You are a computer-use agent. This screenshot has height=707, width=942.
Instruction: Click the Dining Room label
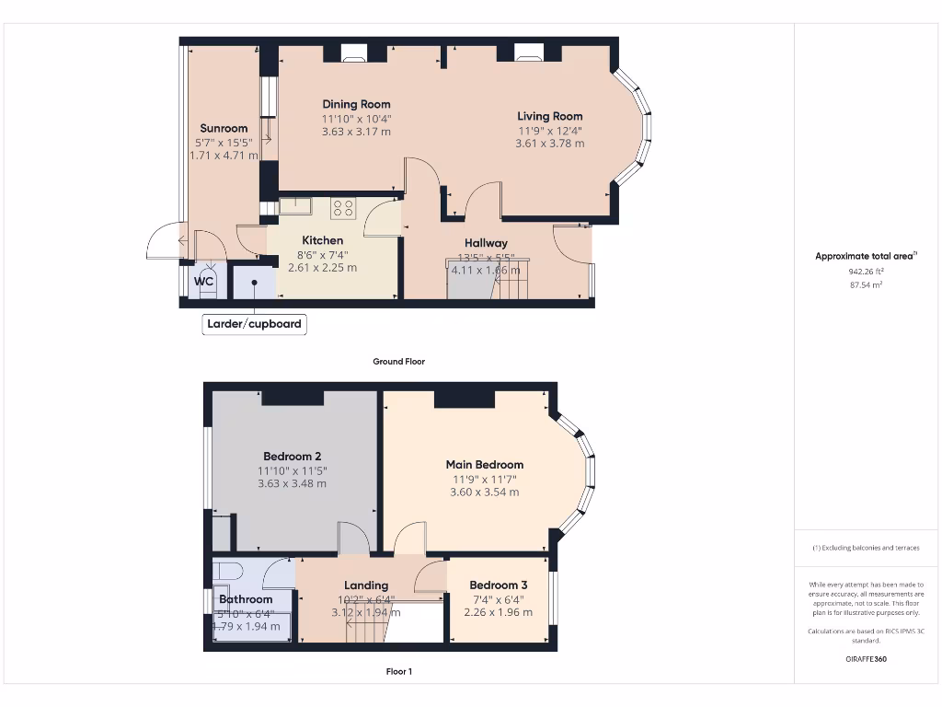(356, 104)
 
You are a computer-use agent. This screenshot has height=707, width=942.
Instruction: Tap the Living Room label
(549, 116)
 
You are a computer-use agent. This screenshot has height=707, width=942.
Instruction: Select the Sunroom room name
(224, 128)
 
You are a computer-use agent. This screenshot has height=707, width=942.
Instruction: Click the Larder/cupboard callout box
(254, 324)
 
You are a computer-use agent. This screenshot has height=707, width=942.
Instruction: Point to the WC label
(204, 281)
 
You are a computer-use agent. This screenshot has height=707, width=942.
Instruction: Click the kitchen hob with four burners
(343, 208)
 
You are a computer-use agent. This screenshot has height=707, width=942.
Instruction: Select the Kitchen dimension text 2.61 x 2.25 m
(322, 268)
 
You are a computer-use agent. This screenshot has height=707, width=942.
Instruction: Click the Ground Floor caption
(398, 362)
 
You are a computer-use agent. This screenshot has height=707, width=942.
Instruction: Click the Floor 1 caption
(398, 671)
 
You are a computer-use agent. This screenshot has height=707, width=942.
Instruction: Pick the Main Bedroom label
(485, 465)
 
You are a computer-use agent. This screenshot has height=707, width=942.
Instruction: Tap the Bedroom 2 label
(292, 457)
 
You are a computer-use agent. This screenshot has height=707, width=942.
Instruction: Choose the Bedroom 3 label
(498, 585)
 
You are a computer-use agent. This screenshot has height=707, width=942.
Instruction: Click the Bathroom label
(246, 599)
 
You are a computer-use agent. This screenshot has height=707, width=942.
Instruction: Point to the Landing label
(366, 585)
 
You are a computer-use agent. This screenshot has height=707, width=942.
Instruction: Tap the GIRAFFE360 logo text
(867, 659)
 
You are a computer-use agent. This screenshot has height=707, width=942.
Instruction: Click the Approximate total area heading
(866, 256)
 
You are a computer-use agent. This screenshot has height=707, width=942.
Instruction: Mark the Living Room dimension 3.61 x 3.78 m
(549, 143)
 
